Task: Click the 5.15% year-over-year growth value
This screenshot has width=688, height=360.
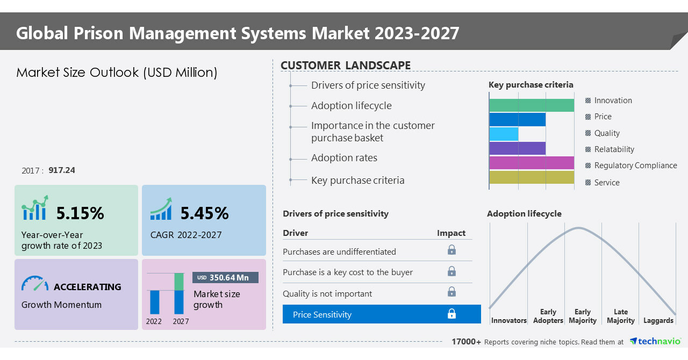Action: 80,213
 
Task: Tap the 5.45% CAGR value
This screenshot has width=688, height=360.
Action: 204,213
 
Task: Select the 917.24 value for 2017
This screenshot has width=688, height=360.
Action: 62,170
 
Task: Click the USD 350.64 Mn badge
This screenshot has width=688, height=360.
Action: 225,278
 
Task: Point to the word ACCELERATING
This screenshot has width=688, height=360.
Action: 88,287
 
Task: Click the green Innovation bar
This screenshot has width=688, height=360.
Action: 531,105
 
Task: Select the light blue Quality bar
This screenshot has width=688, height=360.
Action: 504,134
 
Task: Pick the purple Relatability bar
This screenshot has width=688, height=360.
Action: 517,149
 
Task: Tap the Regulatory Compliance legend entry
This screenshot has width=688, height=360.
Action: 635,165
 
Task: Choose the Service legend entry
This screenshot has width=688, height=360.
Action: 606,183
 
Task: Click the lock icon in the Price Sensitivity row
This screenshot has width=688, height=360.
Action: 451,314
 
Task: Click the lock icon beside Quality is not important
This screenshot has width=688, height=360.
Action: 451,292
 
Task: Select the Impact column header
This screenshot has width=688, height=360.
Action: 451,233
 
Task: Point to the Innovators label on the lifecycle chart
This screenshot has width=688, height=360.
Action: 508,321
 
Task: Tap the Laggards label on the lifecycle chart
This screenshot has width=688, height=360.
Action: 658,321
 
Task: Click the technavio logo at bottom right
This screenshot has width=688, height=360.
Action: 655,342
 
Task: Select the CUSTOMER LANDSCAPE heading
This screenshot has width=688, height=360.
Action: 346,66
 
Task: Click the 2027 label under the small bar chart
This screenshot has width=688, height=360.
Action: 181,322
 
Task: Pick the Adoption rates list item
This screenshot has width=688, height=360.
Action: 344,158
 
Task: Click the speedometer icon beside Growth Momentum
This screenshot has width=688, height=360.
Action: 35,284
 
